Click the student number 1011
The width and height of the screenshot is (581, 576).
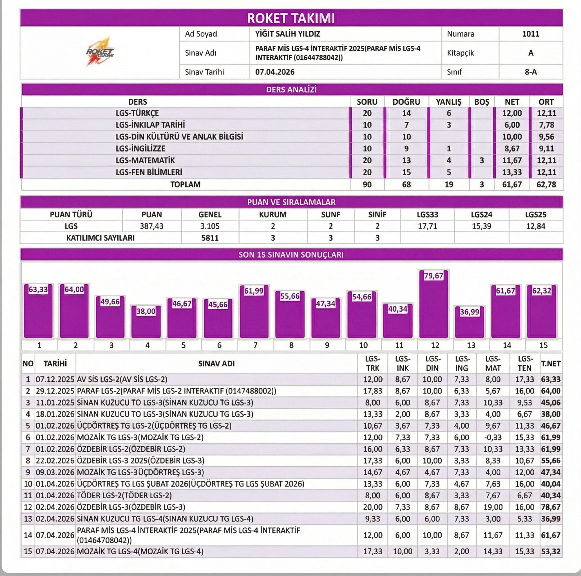(531, 34)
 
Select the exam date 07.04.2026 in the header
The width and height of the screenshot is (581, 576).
(274, 72)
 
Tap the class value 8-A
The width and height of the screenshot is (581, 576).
(531, 72)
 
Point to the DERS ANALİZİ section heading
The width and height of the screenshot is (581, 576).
(291, 89)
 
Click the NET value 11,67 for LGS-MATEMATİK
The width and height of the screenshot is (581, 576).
(512, 160)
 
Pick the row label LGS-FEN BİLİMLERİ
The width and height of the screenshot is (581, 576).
(149, 172)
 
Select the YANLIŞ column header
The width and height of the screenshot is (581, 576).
(448, 102)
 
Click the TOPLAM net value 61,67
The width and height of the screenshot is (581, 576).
(512, 184)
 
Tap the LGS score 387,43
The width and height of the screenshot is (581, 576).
(151, 226)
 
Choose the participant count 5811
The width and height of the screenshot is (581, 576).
(210, 238)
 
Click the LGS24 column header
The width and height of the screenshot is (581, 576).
(481, 215)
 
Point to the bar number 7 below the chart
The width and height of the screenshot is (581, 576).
(255, 345)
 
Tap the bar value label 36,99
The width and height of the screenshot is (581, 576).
(470, 312)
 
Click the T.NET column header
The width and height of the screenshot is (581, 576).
(551, 364)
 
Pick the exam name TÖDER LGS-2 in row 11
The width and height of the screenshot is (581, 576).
(124, 496)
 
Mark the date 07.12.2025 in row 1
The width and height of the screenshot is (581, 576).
(55, 379)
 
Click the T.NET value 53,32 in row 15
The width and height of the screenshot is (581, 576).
(551, 551)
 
